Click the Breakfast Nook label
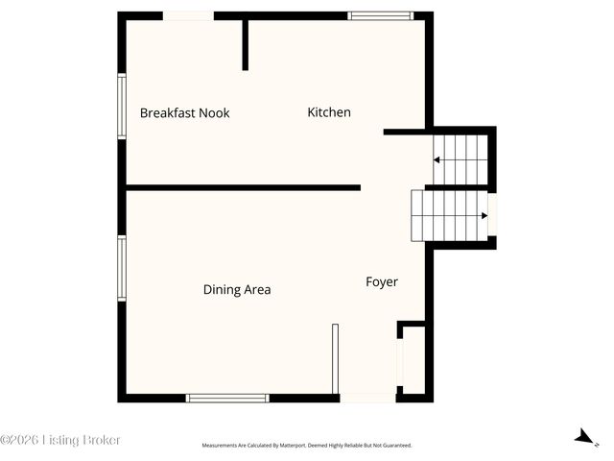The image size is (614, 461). (x=184, y=113)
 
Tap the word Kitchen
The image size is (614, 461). (x=328, y=112)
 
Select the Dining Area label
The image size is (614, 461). (x=236, y=289)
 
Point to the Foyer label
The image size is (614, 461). (x=381, y=281)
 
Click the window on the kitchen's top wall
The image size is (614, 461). (x=380, y=15)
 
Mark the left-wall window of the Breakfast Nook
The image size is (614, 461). (x=122, y=106)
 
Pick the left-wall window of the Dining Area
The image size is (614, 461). (x=122, y=270)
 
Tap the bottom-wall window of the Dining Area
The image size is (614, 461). (x=227, y=398)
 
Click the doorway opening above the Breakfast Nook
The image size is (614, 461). (x=188, y=15)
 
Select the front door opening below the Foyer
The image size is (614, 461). (x=367, y=398)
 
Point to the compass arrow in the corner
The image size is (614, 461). (x=582, y=437)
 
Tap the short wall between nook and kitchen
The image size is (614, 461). (x=246, y=43)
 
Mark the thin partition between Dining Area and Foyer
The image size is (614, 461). (x=335, y=358)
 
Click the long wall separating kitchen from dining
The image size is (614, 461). (x=243, y=187)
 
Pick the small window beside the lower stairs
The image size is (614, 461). (x=493, y=214)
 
